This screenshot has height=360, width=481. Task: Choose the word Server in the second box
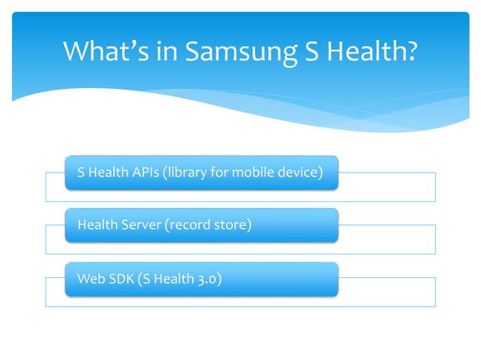click(136, 224)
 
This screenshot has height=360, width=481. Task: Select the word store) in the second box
click(231, 224)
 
